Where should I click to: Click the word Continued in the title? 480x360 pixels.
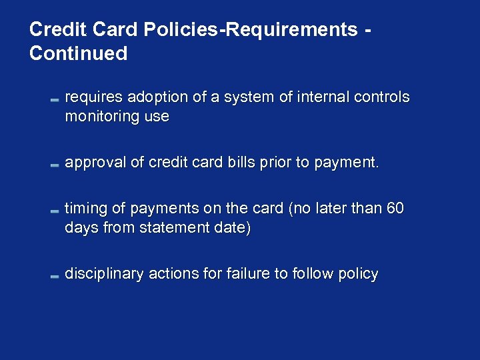[78, 53]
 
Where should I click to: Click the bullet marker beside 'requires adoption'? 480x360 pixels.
[55, 99]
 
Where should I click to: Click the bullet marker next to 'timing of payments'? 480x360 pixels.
[55, 210]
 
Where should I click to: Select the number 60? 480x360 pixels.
[395, 209]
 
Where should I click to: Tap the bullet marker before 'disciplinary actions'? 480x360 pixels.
[55, 275]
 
